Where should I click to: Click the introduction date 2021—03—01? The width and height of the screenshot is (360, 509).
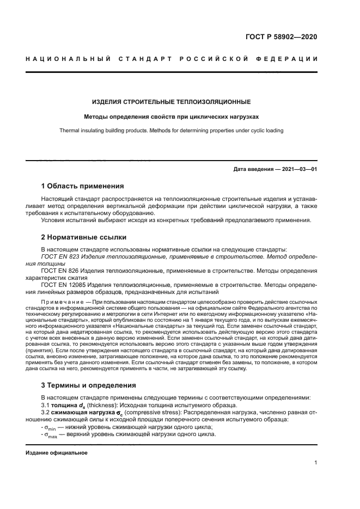[298, 169]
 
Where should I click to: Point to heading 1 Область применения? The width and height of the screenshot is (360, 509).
[82, 186]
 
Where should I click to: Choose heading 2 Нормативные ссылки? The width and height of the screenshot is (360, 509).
[84, 237]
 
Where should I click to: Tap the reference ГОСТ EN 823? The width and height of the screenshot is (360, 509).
[59, 255]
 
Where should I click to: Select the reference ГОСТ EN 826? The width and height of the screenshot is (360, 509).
[59, 270]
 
